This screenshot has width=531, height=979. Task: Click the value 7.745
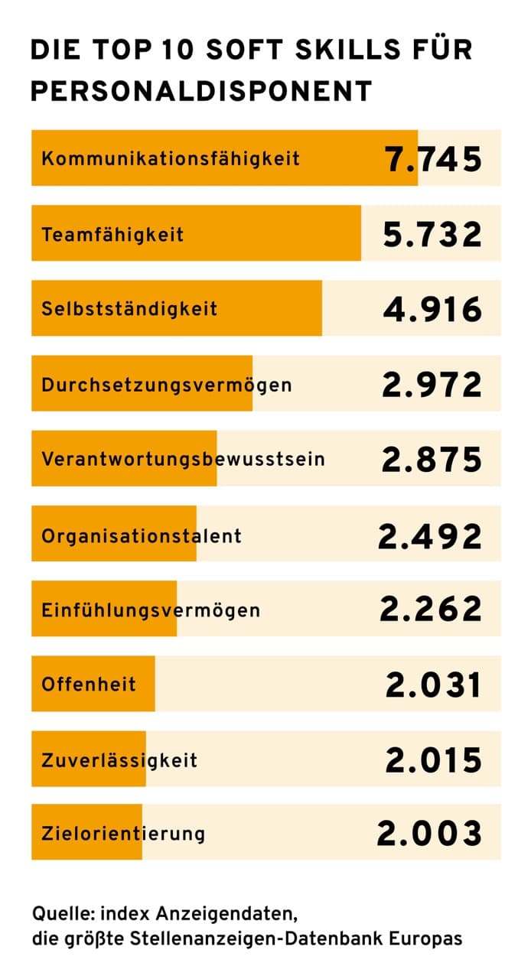click(433, 159)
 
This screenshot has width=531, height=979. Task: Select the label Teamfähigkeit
click(112, 234)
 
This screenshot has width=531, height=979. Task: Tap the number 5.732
click(433, 234)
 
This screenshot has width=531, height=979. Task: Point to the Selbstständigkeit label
click(129, 309)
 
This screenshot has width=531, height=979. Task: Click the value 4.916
click(433, 309)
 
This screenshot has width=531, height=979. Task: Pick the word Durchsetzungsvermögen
click(167, 384)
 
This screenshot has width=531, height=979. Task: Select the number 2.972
click(433, 384)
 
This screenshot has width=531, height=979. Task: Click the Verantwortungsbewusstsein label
click(183, 460)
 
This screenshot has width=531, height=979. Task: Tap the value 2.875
click(433, 460)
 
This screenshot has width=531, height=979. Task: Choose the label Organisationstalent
click(142, 535)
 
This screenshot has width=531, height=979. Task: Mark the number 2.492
click(431, 535)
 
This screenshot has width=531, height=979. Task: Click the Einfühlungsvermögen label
click(151, 610)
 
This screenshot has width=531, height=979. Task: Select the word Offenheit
click(89, 684)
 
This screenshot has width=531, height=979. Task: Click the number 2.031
click(435, 685)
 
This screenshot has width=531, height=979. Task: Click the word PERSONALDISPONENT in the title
click(201, 90)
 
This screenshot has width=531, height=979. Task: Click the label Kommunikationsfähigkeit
click(171, 159)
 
